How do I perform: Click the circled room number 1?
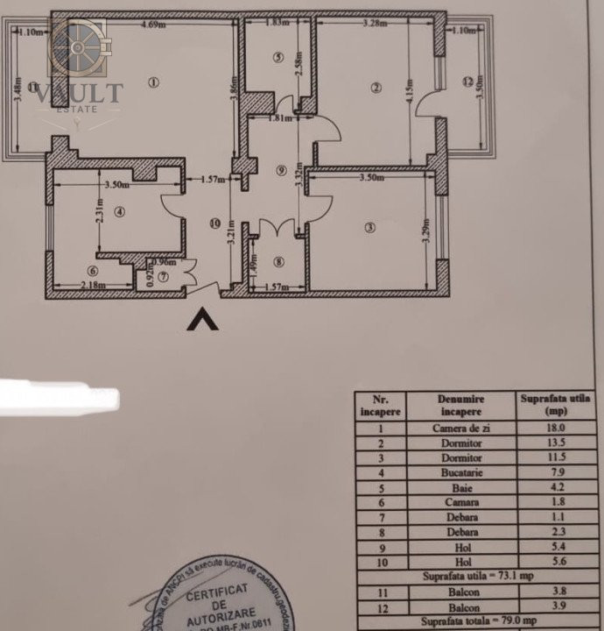pos(153,83)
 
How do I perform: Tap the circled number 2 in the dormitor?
pos(376,87)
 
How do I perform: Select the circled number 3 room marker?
pos(370,228)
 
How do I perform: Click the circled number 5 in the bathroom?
pos(278,58)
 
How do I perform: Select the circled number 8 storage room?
pos(278,261)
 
